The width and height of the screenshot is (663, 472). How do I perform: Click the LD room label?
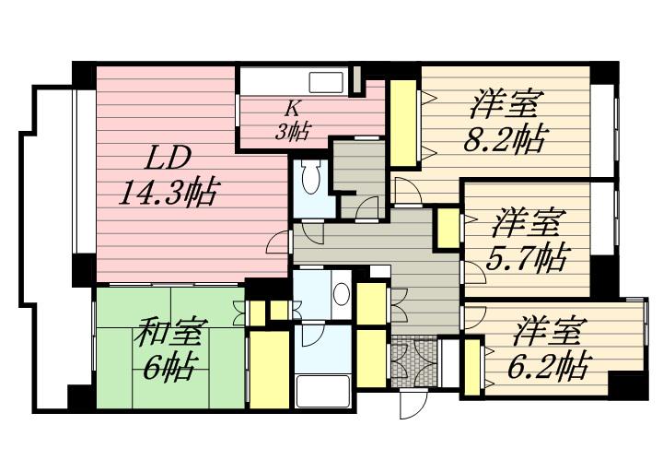coord(168,159)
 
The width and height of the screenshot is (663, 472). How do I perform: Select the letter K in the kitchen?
coord(292,109)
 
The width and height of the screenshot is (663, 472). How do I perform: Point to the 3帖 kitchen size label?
coord(292,131)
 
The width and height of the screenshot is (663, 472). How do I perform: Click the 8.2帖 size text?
coord(505,138)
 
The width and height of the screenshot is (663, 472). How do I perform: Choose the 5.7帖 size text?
coord(526,258)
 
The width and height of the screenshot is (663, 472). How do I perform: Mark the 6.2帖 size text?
coord(548,365)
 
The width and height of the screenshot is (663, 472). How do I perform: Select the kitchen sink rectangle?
coord(326,82)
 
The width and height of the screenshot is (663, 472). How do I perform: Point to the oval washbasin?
coord(342,293)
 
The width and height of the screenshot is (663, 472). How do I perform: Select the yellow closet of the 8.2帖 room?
coord(403,124)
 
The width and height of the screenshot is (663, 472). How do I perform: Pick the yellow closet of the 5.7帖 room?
coord(448,229)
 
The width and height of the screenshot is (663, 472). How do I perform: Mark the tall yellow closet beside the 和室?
coord(269,370)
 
